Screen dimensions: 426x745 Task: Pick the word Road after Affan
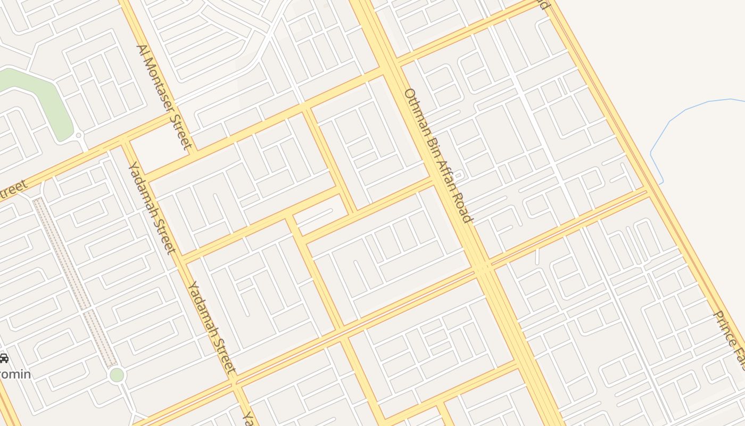click(462, 207)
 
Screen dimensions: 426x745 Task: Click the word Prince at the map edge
click(726, 328)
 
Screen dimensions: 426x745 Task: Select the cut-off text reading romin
click(15, 374)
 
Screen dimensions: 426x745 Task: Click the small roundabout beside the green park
click(79, 135)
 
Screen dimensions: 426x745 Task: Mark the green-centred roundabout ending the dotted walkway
click(117, 375)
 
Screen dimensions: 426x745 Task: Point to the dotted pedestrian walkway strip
click(74, 282)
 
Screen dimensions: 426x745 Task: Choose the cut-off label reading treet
click(13, 191)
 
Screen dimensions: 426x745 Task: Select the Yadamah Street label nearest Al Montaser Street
click(151, 208)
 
